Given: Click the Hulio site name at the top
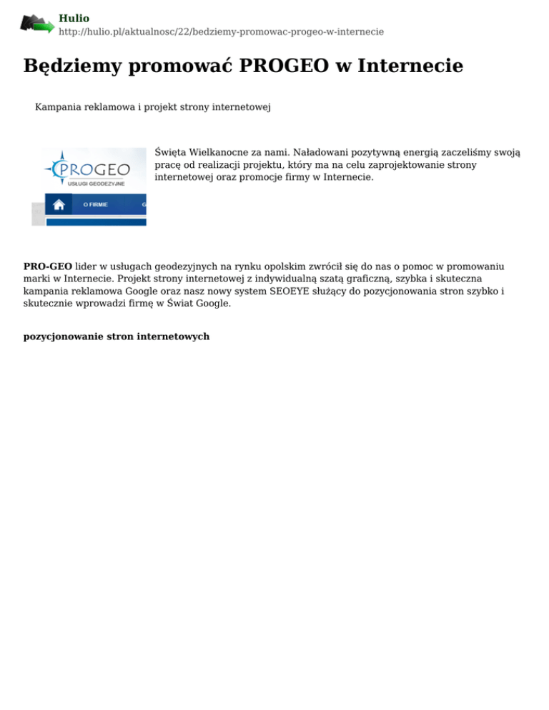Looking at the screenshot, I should click(74, 19).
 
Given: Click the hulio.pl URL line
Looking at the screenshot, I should click(221, 32).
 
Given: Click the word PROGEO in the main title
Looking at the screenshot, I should click(283, 66).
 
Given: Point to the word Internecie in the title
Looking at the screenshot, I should click(410, 66).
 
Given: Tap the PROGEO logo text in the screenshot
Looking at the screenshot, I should click(96, 170).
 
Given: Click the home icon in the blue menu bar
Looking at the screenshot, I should click(59, 204).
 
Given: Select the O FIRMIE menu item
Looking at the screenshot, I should click(96, 204).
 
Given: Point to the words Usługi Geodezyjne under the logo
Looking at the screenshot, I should click(96, 184).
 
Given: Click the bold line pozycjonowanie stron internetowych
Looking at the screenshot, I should click(117, 336).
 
